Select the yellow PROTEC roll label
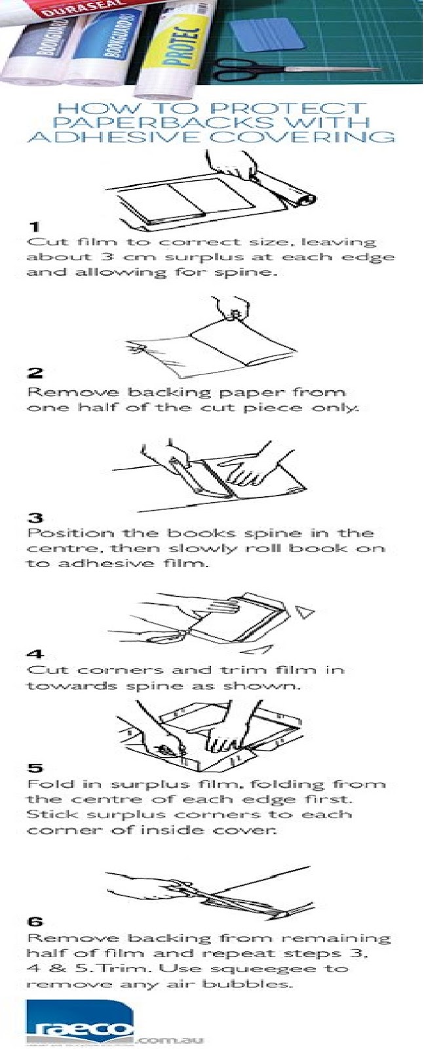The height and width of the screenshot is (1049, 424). click(x=178, y=43)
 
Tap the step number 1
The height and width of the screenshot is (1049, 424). click(x=33, y=227)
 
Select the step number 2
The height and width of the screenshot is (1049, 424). click(x=34, y=373)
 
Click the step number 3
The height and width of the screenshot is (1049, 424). click(x=34, y=518)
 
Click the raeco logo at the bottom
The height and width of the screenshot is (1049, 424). click(x=79, y=1023)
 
